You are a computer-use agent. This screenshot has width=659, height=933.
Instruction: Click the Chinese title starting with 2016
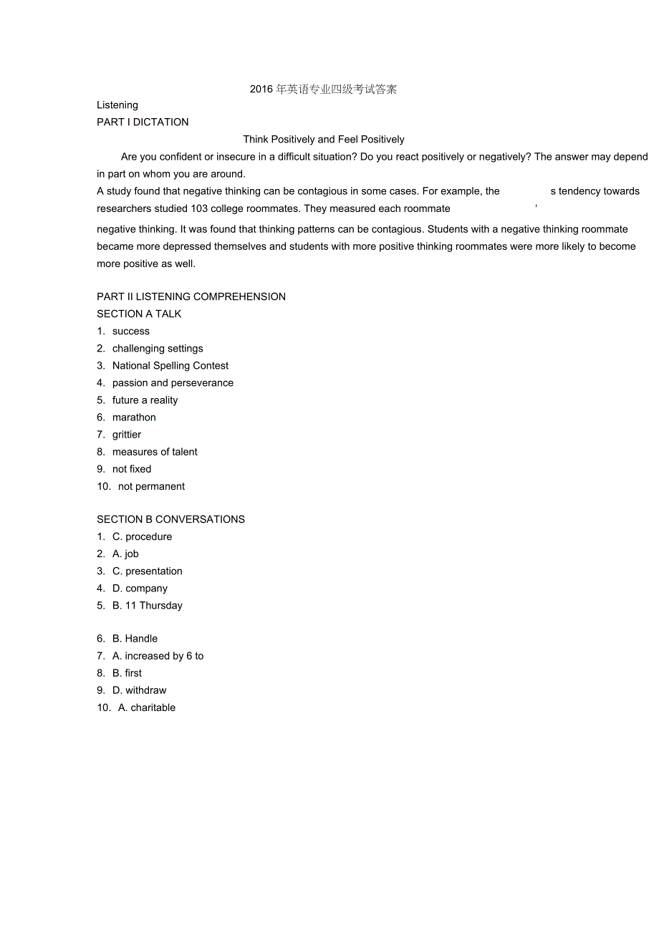(x=323, y=90)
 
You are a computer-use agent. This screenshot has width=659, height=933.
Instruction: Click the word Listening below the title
(x=117, y=105)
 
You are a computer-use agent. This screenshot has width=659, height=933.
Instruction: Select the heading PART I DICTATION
(x=143, y=122)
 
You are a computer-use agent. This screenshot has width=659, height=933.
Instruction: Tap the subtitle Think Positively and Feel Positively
(x=324, y=140)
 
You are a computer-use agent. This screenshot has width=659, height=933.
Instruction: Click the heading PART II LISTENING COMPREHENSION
(x=191, y=297)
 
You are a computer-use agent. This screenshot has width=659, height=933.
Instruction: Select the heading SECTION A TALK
(x=139, y=314)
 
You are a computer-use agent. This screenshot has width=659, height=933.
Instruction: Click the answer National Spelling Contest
(x=170, y=366)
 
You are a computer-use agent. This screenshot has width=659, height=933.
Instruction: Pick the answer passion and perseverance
(x=173, y=383)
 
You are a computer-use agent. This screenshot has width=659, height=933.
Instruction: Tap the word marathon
(x=134, y=417)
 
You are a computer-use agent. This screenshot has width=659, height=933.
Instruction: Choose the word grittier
(x=127, y=435)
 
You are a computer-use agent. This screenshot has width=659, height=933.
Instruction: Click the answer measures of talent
(x=155, y=452)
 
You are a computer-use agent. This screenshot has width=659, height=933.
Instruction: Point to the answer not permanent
(x=151, y=487)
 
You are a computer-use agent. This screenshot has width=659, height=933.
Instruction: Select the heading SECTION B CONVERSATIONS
(x=170, y=520)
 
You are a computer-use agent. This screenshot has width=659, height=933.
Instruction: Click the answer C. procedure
(x=142, y=537)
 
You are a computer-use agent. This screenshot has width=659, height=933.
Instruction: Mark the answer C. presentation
(x=147, y=571)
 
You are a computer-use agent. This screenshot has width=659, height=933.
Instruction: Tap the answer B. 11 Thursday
(x=147, y=606)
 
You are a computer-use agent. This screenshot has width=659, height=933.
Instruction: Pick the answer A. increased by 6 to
(x=158, y=656)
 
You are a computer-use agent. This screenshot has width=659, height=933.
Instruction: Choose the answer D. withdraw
(x=139, y=690)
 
